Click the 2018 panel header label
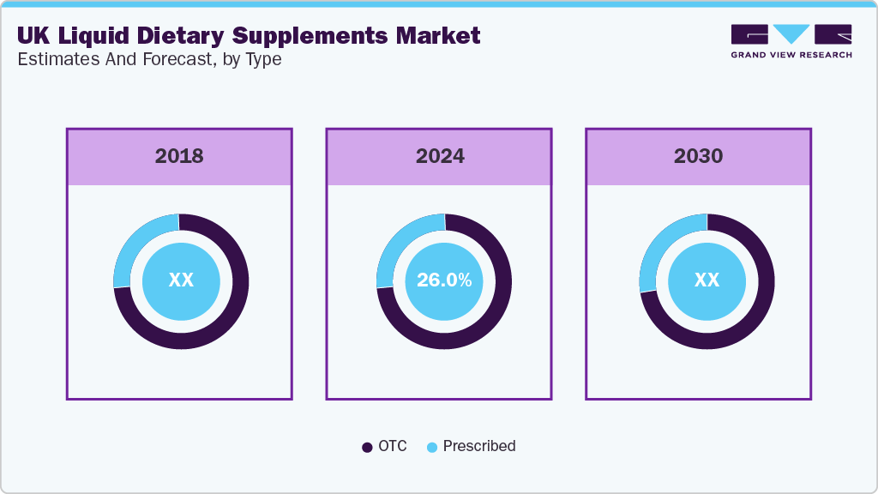point(179,156)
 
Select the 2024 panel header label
point(440,156)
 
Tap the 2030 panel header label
point(698,156)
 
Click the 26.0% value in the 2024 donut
point(444,280)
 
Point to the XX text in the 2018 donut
point(181,280)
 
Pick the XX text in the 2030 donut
point(707,280)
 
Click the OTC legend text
point(392,446)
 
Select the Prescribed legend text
point(479,446)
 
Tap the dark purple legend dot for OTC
point(367,447)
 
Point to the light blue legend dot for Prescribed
point(432,447)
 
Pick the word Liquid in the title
point(88,36)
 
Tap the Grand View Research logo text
point(791,55)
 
